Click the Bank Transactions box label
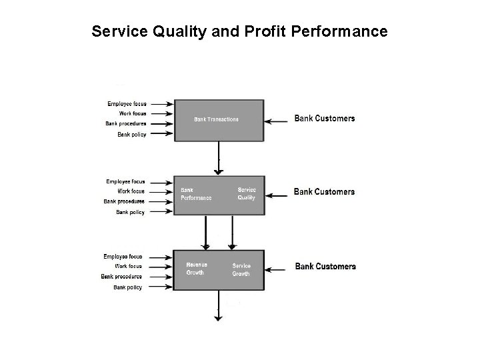(x=216, y=119)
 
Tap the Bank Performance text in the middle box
(x=196, y=193)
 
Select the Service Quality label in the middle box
(x=247, y=193)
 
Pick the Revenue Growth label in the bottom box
(x=197, y=268)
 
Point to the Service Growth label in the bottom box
(x=241, y=269)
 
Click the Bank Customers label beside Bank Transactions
(x=325, y=119)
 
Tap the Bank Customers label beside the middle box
(x=324, y=192)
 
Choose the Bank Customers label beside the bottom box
(x=325, y=267)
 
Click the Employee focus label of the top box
(x=127, y=103)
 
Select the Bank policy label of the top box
(x=131, y=134)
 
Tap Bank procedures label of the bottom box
(x=121, y=277)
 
